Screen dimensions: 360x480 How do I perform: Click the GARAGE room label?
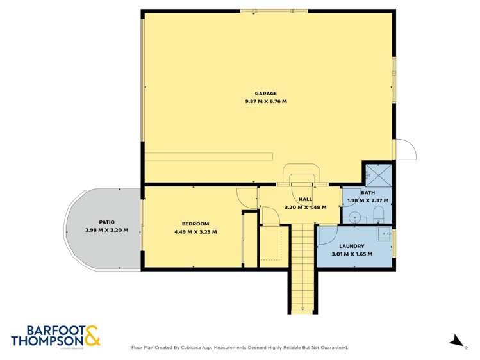tap(265, 94)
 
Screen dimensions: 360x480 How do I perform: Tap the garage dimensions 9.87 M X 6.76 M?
tap(265, 102)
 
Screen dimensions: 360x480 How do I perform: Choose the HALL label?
tap(305, 199)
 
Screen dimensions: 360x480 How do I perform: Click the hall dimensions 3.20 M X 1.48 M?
tap(305, 208)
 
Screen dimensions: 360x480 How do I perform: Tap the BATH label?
tap(368, 193)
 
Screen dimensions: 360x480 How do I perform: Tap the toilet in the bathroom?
tap(379, 213)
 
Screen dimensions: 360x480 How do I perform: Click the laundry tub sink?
tap(383, 234)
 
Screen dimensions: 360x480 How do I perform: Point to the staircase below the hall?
tap(301, 266)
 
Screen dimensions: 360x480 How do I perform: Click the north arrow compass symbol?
tap(456, 340)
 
